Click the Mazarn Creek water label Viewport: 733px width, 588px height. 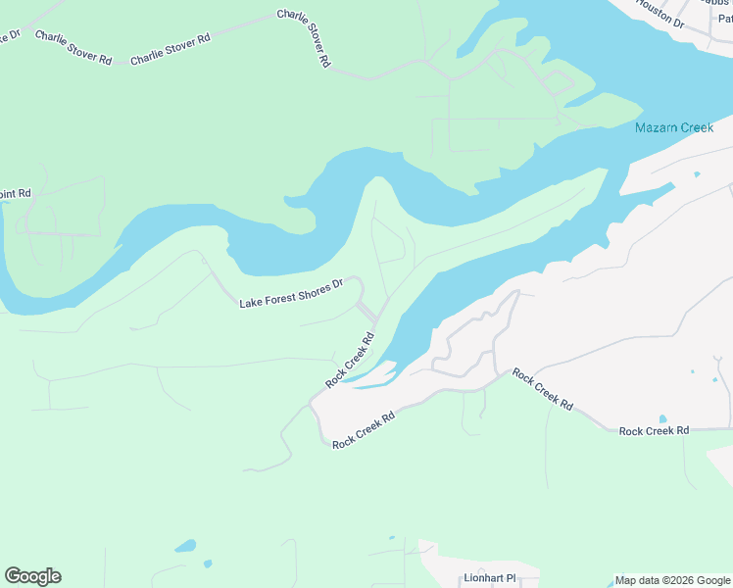coord(673,128)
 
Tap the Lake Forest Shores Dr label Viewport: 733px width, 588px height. coord(291,293)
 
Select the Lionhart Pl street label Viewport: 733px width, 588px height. coord(489,578)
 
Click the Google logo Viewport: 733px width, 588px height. coord(32,576)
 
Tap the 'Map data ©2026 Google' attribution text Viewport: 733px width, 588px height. coord(672,580)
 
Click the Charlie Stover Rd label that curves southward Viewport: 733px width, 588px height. coord(305,38)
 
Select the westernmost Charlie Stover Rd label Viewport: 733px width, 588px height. coord(73,46)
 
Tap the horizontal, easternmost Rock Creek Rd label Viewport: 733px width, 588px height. coord(654,430)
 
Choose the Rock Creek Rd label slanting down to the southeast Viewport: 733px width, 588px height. coord(542,388)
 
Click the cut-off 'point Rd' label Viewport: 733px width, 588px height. coord(16,194)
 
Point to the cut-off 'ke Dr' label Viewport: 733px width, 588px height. coord(10,36)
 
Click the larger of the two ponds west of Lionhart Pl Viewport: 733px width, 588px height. coord(184,546)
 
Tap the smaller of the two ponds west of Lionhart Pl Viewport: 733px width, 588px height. coord(207,563)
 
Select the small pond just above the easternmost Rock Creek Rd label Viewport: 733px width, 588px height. coord(663,419)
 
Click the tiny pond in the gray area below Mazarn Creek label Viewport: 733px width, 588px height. coord(697,174)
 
